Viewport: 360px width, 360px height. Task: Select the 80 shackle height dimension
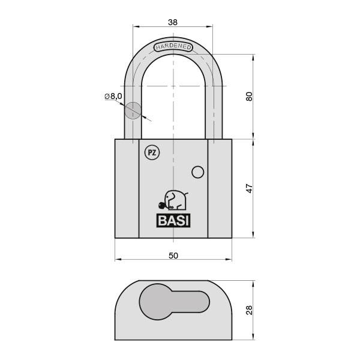pos(250,97)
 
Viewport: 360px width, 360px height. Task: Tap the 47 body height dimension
pos(250,188)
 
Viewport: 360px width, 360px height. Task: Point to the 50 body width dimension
pos(173,255)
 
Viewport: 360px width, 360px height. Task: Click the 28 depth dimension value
pos(250,310)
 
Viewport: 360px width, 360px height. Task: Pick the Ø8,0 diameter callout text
pos(113,96)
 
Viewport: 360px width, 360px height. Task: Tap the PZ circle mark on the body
pos(152,153)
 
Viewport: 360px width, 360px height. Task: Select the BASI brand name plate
pos(173,220)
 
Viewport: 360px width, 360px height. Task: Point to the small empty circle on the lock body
pos(197,172)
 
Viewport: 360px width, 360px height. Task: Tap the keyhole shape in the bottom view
pos(171,305)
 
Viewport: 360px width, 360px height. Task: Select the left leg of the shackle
pos(132,120)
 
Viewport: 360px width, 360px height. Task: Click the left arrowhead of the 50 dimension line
pos(117,260)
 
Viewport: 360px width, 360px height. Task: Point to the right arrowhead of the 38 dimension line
pos(211,26)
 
